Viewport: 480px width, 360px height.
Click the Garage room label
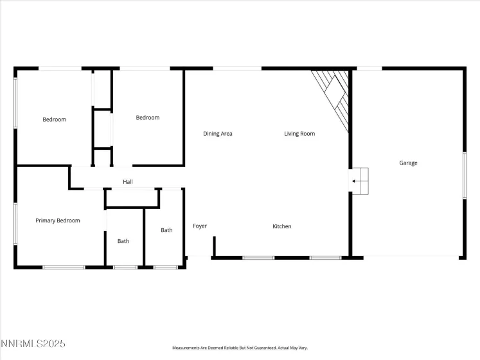(408, 163)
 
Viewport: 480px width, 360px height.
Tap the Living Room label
(299, 134)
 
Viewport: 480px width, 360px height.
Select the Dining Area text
(217, 134)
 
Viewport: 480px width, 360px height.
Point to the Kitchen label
(282, 226)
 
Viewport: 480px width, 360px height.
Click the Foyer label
(200, 226)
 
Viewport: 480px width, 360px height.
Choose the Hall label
(128, 182)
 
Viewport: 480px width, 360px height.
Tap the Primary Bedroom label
(58, 221)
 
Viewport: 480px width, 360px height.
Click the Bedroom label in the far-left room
(54, 120)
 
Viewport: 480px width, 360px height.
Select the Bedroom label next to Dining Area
(147, 118)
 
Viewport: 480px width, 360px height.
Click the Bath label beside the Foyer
(166, 230)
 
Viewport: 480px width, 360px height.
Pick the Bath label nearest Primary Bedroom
(123, 241)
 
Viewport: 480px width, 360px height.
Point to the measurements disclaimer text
(240, 348)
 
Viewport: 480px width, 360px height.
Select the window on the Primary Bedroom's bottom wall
(64, 267)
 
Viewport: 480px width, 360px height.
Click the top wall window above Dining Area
(237, 68)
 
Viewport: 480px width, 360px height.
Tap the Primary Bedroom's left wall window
(15, 224)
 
